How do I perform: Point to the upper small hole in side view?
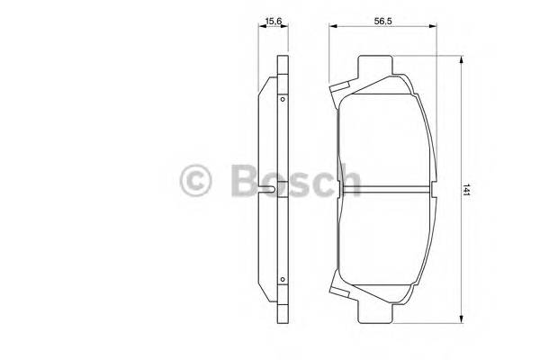pos(283,98)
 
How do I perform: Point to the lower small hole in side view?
pos(283,280)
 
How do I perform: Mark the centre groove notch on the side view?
pos(273,190)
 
